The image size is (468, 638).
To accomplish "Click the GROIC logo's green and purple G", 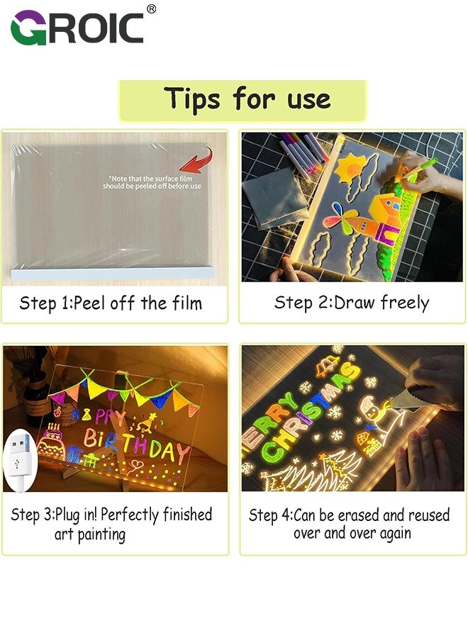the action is pyautogui.click(x=28, y=28).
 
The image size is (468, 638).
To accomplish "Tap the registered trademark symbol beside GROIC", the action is pyautogui.click(x=151, y=9).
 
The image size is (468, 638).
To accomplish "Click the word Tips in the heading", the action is pyautogui.click(x=192, y=99).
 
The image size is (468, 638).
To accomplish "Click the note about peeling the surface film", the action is pyautogui.click(x=152, y=182).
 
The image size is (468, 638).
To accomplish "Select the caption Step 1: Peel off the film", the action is pyautogui.click(x=111, y=303).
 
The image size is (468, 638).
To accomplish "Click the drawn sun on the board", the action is pyautogui.click(x=350, y=164).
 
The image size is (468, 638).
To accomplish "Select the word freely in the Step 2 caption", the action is pyautogui.click(x=405, y=303).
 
